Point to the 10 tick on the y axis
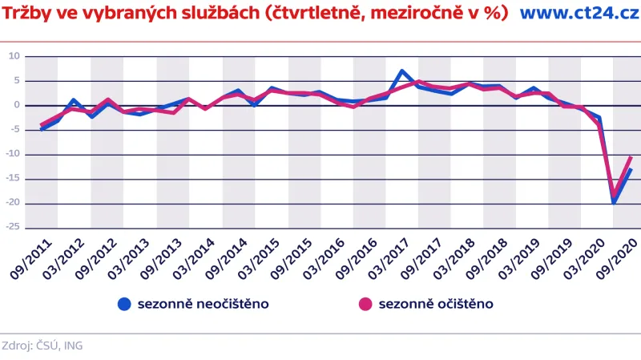(14, 56)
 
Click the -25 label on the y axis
(12, 228)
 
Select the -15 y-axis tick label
(12, 179)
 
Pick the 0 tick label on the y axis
(16, 105)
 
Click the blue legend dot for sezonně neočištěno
(124, 304)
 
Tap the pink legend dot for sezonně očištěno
(365, 304)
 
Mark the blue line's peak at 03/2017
(402, 71)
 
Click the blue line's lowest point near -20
(615, 202)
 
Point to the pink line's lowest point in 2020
(615, 194)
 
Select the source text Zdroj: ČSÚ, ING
(42, 346)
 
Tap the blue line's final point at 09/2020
(631, 169)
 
